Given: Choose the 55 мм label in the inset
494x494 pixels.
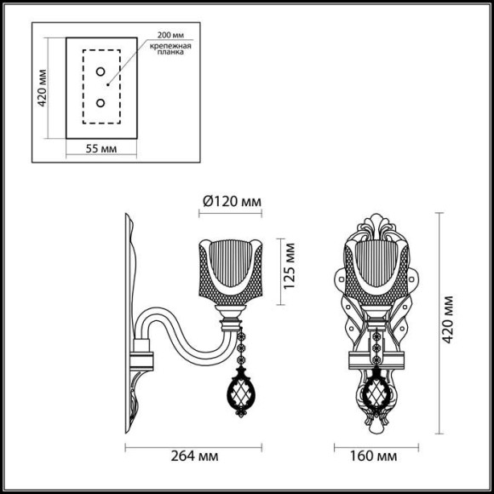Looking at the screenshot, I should [101, 148].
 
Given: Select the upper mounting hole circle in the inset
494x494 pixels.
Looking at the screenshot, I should [101, 72].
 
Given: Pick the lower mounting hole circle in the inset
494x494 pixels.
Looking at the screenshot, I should [101, 103].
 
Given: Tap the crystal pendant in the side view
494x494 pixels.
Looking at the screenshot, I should [238, 393].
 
